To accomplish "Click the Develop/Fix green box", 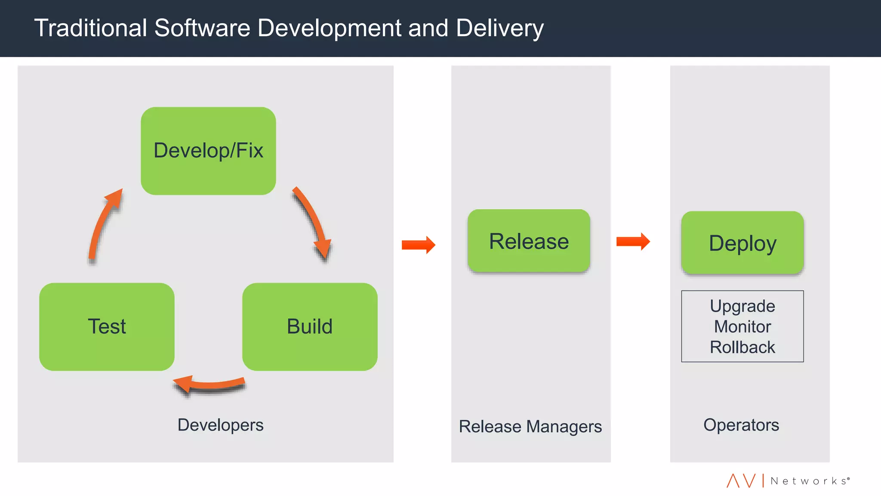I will coord(208,151).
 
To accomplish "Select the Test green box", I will coord(107,326).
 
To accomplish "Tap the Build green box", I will coord(310,326).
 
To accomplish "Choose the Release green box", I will coord(529,241).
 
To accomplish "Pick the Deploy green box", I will coord(742,242).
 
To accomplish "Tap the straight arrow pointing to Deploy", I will coord(633,242).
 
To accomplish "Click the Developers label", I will coord(220,425).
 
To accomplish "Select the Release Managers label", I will coord(530,427).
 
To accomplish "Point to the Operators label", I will coord(741,425).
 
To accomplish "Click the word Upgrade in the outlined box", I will coord(742,306).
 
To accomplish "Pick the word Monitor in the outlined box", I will coord(742,327).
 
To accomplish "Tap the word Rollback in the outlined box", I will coord(742,347).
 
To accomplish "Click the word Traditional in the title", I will coord(91,28).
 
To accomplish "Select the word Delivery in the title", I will coord(499,28).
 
